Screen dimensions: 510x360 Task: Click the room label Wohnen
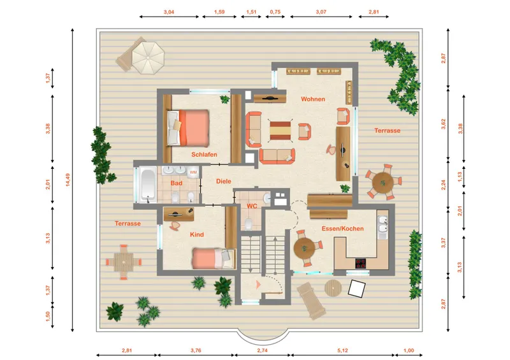click(313, 99)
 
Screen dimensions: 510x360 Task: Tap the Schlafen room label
click(204, 154)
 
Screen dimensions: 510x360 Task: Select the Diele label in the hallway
click(224, 181)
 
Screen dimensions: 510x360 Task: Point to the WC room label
click(252, 206)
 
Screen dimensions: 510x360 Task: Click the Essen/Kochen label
click(342, 229)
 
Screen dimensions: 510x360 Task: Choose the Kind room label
click(197, 234)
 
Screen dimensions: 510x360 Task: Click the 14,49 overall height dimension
click(68, 180)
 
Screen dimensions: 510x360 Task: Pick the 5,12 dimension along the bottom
click(342, 350)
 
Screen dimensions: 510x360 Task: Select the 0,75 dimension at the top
click(275, 11)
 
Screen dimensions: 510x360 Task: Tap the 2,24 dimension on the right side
click(443, 185)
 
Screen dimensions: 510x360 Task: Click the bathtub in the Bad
click(148, 185)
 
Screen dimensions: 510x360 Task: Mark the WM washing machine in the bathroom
click(193, 173)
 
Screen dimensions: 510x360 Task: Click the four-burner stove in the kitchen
click(360, 263)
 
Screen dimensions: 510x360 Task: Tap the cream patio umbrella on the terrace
click(148, 58)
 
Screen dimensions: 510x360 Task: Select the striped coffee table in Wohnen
click(280, 131)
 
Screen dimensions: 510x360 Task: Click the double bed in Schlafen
click(188, 128)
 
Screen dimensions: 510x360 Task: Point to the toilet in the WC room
click(249, 224)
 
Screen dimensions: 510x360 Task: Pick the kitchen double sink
click(383, 225)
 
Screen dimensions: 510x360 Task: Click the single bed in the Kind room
click(214, 259)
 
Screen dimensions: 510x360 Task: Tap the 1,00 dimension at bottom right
click(409, 350)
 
